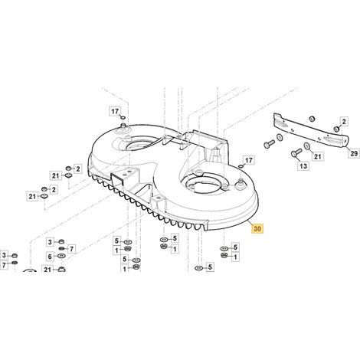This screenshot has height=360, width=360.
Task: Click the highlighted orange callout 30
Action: coord(257,228)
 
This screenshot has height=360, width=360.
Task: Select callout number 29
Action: coord(354,153)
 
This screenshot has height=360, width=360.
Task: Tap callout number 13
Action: coord(303,166)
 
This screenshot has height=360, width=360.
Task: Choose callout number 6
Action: coord(50,256)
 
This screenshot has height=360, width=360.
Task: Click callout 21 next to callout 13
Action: coord(317,156)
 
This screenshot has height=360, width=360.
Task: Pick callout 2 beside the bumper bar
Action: coord(344,122)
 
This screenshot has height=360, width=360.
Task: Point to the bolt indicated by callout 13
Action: coord(295,154)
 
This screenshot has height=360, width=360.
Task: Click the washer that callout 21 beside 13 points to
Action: coord(306,146)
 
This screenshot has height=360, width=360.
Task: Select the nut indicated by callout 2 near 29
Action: coord(337,129)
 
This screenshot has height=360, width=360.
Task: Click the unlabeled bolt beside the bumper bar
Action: coord(269,144)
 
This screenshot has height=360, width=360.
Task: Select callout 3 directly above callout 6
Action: coord(50,242)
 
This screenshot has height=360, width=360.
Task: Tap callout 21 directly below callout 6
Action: coord(47,269)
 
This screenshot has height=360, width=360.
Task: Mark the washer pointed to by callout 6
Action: coord(61,256)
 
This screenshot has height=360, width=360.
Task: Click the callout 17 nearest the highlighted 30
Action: coord(248,160)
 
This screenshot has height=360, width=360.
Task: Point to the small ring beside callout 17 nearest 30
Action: coord(241,167)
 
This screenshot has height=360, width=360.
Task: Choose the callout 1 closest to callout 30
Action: coord(235,257)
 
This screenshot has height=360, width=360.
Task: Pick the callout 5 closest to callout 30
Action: coord(235,247)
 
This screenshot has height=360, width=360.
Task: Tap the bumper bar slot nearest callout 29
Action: coord(332,139)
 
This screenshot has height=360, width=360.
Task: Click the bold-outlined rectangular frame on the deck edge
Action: coord(117,178)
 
